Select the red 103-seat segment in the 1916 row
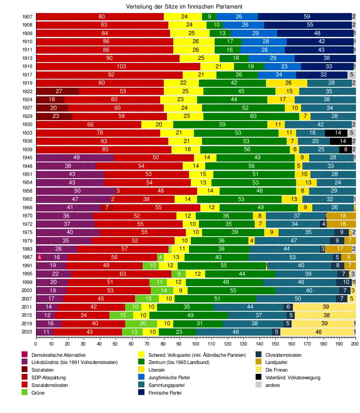coord(118,67)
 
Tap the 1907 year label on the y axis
coord(27,17)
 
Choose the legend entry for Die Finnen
coord(277,370)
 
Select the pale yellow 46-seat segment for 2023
coord(318,332)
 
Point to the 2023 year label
coord(27,332)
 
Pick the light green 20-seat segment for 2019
coord(141,323)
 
